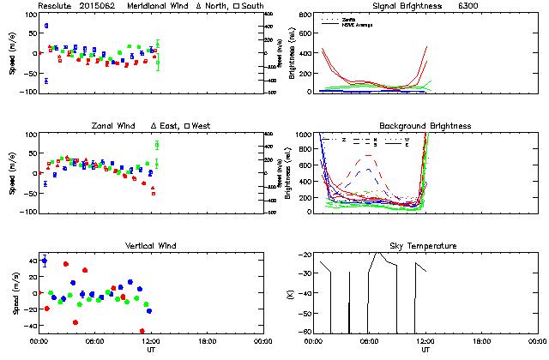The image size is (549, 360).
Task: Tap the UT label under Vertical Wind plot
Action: (151, 349)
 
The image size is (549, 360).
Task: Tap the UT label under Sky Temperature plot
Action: (426, 349)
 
